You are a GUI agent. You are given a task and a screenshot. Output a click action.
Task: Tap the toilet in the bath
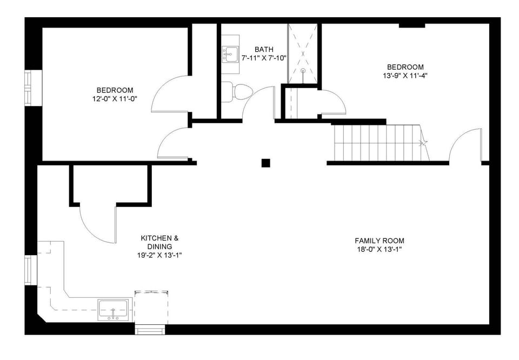[x=238, y=91]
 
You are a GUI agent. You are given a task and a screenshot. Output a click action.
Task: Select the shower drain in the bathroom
[x=303, y=70]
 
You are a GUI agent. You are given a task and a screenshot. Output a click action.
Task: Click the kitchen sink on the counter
[x=114, y=310]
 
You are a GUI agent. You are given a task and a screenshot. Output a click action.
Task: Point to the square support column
[x=265, y=163]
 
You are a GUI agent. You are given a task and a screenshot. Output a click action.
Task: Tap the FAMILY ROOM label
[x=379, y=241]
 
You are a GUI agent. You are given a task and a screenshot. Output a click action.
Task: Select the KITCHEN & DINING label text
[x=159, y=242]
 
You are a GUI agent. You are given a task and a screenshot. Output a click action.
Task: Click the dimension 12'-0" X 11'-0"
[x=115, y=98]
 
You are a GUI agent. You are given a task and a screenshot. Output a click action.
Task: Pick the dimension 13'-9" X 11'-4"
[x=401, y=76]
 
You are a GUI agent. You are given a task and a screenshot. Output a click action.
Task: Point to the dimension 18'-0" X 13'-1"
[x=379, y=249]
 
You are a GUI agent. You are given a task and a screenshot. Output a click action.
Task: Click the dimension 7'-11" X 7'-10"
[x=264, y=58]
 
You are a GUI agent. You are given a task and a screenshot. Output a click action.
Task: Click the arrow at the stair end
[x=423, y=143]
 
